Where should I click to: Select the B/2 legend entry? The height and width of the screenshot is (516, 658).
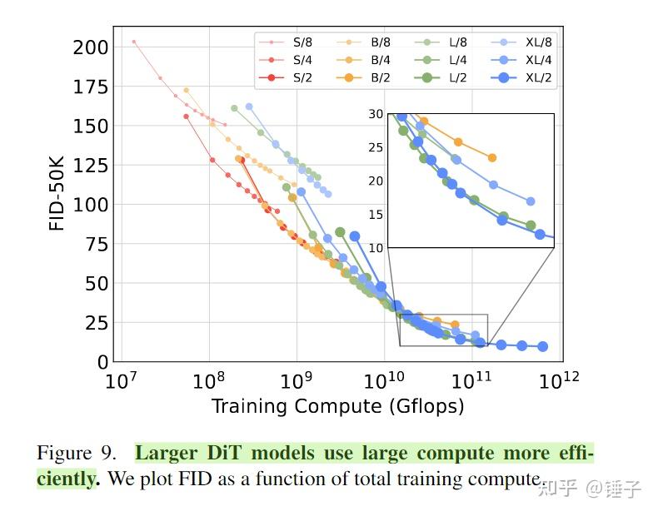(381, 77)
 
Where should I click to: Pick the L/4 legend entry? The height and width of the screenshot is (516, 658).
(457, 59)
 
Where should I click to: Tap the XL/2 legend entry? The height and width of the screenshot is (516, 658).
(538, 77)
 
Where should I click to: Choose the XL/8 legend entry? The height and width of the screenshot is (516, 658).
(538, 41)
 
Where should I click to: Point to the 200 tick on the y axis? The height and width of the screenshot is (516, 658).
(90, 47)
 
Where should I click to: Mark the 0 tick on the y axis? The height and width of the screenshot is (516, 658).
(103, 362)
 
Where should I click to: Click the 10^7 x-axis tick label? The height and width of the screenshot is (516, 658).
(122, 382)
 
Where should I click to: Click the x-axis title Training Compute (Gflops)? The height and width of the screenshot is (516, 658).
(337, 406)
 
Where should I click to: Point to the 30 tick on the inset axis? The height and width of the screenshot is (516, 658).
(376, 113)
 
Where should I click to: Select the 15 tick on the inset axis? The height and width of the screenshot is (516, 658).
(376, 214)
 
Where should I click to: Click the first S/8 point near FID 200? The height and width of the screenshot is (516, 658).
(133, 41)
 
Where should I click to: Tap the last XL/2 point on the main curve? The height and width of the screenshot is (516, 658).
(542, 346)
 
